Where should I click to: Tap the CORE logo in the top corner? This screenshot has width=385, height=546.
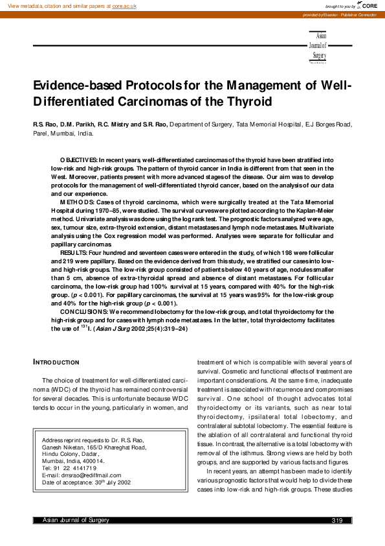(x=369, y=5)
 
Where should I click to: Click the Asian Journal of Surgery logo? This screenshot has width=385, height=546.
(x=319, y=47)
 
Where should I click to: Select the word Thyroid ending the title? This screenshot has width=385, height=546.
(x=245, y=102)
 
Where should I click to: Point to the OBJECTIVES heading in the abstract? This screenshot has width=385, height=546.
(x=78, y=160)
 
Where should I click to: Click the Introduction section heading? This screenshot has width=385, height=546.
(x=56, y=362)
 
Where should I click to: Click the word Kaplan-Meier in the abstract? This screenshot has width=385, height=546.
(x=313, y=211)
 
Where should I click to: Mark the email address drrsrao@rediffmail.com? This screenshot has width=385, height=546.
(x=89, y=475)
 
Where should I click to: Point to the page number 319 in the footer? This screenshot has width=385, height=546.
(x=336, y=521)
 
